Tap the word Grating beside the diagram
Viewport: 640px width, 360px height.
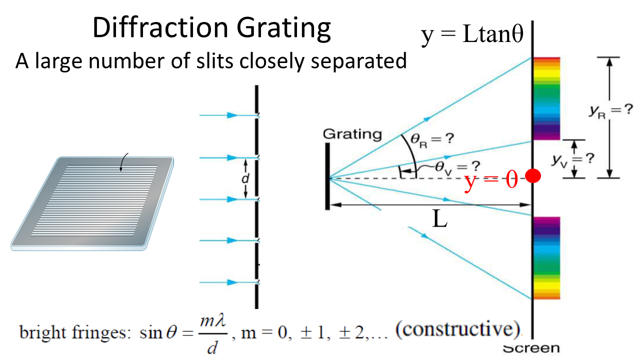pos(352,134)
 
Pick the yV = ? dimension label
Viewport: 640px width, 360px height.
pos(573,159)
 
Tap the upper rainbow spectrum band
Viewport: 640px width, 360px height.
pos(546,98)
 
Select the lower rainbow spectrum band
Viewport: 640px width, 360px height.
pos(546,258)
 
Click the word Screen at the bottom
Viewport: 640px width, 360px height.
pos(531,348)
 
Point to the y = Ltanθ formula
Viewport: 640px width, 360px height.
pos(472,36)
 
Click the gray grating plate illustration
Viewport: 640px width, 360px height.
pos(92,202)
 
